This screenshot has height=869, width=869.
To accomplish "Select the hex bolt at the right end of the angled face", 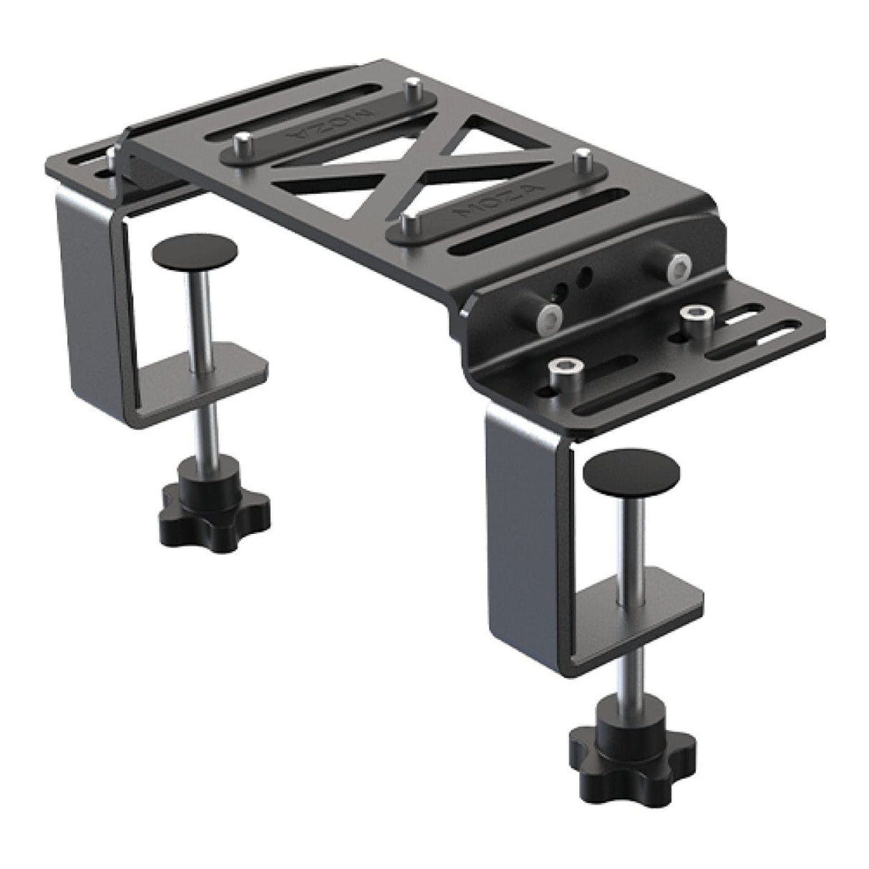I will coord(676,266).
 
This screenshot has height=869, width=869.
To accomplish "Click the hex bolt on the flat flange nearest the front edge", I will coord(560,372).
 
